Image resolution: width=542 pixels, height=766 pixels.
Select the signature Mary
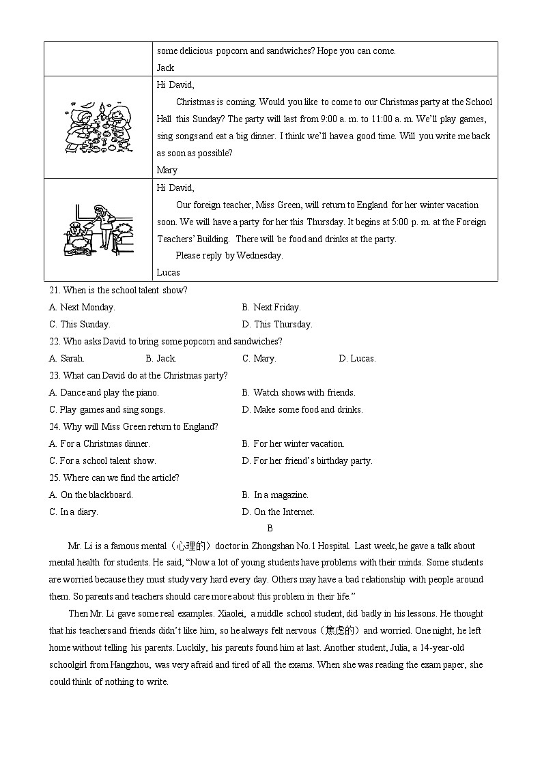[167, 171]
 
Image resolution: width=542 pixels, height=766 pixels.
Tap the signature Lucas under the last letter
[168, 273]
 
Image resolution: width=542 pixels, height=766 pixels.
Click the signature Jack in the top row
[165, 68]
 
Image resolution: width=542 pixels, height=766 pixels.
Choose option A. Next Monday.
[82, 308]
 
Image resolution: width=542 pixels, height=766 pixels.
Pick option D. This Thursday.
[276, 325]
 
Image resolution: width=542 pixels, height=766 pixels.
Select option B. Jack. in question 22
[161, 359]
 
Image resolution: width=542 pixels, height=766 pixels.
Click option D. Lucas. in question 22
[357, 359]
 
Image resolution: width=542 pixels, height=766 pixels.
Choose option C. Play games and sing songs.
[107, 410]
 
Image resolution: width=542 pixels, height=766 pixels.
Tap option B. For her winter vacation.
[293, 444]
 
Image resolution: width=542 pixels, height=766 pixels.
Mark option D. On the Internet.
[278, 512]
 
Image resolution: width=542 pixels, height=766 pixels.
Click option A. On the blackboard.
[91, 495]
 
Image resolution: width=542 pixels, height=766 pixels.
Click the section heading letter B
[270, 529]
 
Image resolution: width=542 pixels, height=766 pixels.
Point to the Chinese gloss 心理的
[192, 546]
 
